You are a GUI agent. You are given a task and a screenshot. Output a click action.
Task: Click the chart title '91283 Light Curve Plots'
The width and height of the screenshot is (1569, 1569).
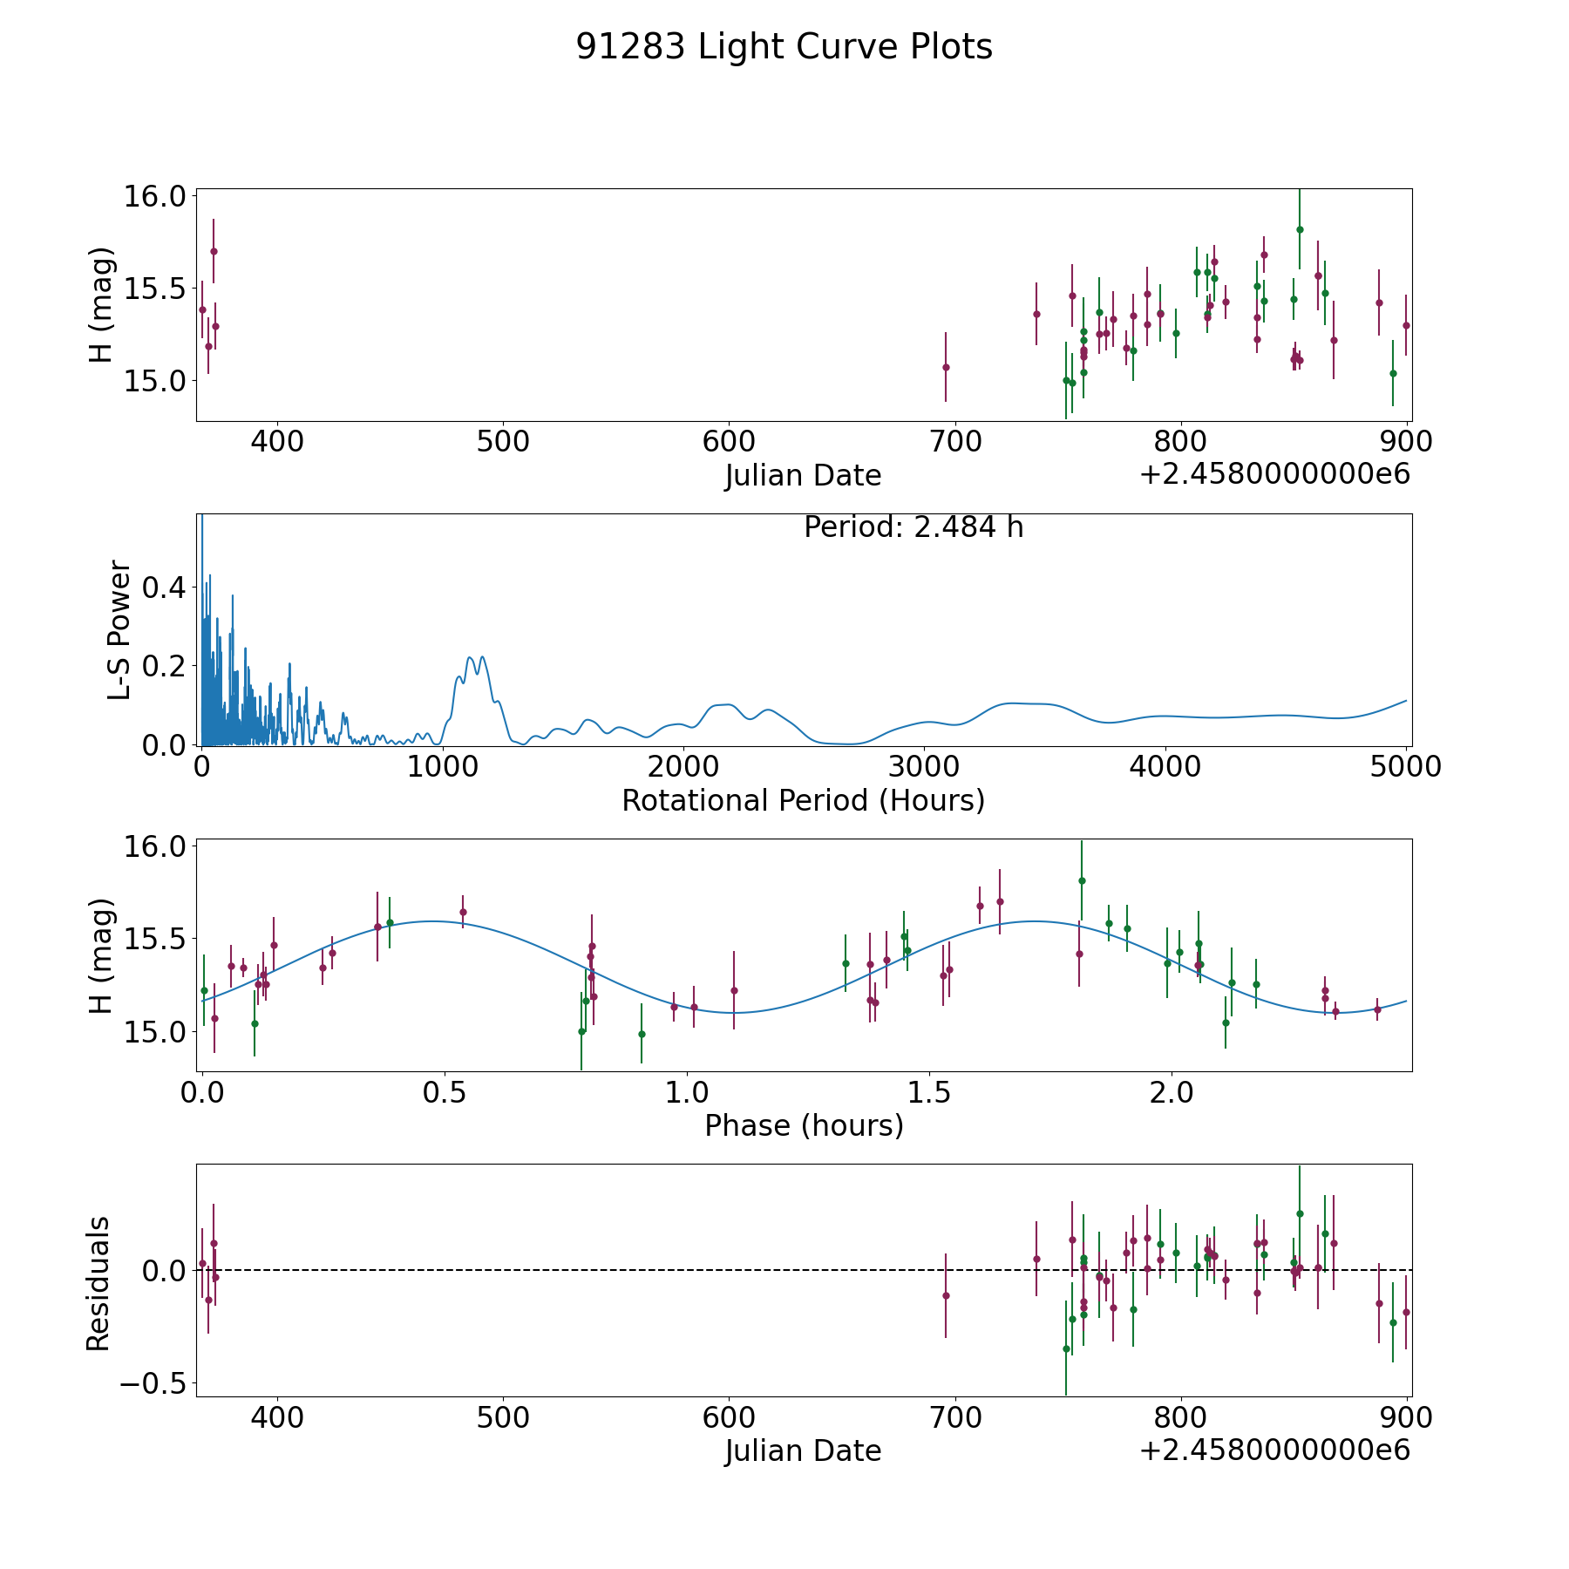point(784,47)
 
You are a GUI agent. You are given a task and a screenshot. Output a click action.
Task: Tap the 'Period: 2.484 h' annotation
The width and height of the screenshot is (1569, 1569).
point(913,527)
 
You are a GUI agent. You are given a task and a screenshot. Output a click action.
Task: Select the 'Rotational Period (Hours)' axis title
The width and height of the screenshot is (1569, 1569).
point(803,800)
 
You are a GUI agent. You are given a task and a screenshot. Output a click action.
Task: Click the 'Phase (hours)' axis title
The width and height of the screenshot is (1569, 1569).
point(803,1125)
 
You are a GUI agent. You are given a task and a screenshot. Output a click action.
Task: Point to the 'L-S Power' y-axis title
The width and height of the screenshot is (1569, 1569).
point(119,629)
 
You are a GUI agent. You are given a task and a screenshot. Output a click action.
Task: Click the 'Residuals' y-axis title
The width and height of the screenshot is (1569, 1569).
point(98,1283)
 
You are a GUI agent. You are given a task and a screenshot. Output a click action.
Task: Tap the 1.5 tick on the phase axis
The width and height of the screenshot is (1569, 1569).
point(929,1092)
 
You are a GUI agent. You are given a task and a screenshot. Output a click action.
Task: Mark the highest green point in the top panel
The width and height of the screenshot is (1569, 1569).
point(1299,229)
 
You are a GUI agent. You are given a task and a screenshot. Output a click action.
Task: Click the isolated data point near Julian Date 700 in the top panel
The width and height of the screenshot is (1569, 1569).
point(946,367)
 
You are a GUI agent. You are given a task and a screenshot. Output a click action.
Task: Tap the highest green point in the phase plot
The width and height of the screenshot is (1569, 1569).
point(1082,880)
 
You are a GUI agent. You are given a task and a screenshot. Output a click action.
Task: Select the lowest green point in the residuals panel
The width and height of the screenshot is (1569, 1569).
point(1065,1348)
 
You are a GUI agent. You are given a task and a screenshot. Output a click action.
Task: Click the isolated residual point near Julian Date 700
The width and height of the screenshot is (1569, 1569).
point(946,1295)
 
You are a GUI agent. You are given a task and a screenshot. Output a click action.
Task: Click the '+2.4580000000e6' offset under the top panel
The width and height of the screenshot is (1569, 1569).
point(1274,474)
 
